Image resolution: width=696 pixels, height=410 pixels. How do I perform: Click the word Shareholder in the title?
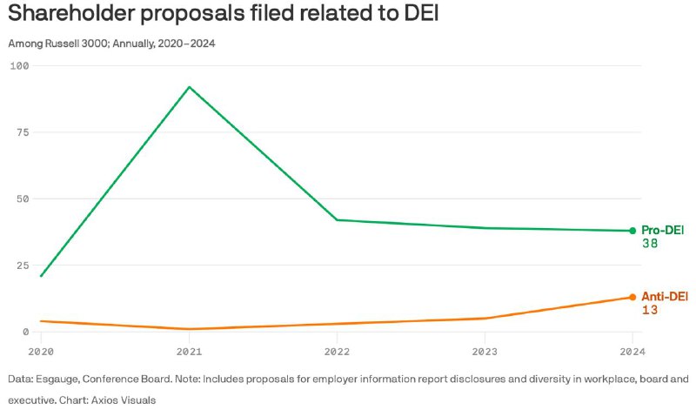(84, 16)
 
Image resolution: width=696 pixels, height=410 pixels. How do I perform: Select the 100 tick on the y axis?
(19, 65)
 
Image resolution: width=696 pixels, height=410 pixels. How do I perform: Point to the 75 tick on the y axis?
(23, 132)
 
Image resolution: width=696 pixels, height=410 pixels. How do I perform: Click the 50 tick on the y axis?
(23, 198)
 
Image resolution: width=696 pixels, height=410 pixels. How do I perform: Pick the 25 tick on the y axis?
(23, 265)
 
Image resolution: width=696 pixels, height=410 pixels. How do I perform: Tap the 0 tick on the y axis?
(26, 332)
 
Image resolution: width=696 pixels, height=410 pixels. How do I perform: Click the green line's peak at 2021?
(189, 86)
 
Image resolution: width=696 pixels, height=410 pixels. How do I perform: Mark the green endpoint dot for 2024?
(632, 231)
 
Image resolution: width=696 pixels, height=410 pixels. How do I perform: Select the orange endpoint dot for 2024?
(632, 297)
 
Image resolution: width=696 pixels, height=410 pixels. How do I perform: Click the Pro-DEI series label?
(663, 230)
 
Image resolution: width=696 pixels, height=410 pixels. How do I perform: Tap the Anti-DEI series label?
(665, 296)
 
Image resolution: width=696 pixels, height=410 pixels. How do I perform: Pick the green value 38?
(649, 245)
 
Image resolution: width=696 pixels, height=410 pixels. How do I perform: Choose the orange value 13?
(649, 311)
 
